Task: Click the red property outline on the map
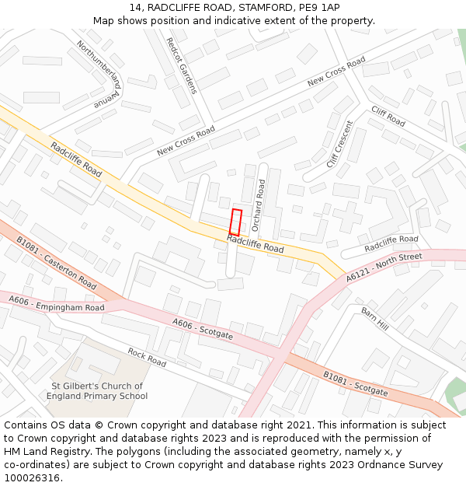click(x=236, y=222)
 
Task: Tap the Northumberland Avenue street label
click(x=99, y=74)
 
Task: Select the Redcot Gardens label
click(x=183, y=66)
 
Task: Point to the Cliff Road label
click(x=388, y=117)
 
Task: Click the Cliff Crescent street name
click(x=339, y=145)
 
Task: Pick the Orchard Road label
click(x=259, y=205)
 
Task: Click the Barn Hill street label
click(x=374, y=318)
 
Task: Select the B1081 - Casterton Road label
click(x=57, y=263)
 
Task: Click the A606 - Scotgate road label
click(x=203, y=329)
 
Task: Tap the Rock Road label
click(x=147, y=358)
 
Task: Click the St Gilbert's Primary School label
click(x=97, y=391)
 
